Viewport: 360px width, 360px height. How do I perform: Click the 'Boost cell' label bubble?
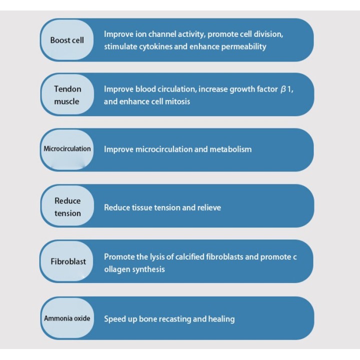coord(67,40)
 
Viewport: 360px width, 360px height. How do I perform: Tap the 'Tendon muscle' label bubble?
coord(67,94)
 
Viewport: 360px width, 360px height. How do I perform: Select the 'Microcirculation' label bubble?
coord(67,149)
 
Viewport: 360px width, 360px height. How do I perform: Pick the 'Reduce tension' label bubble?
coord(67,205)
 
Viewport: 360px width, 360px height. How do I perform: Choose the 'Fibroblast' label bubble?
coord(67,261)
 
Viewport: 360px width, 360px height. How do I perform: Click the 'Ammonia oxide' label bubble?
coord(67,318)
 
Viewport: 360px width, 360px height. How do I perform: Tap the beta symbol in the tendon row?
coord(283,89)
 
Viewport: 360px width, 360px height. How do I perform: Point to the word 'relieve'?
coord(209,207)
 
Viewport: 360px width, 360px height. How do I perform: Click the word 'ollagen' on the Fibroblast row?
coord(117,269)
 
